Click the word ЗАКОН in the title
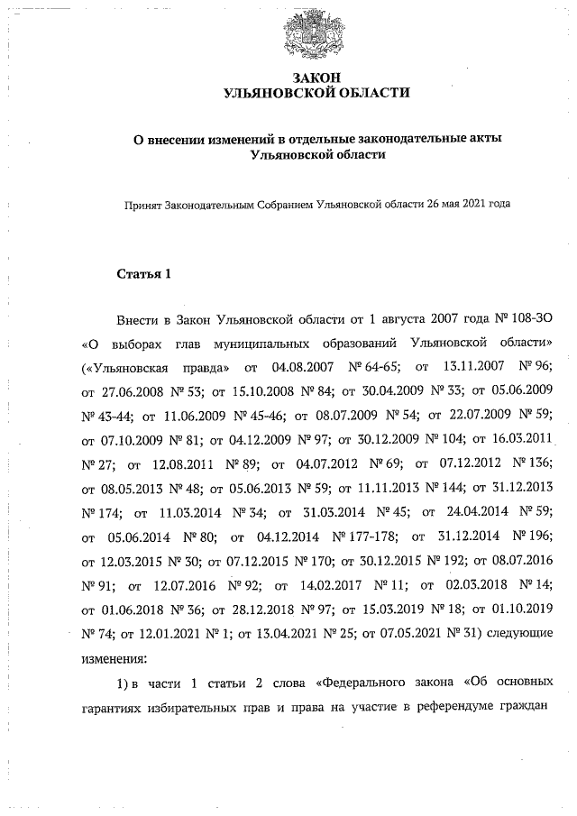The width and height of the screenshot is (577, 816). (316, 77)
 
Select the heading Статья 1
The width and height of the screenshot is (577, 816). (143, 274)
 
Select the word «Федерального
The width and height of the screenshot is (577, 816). (329, 681)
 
